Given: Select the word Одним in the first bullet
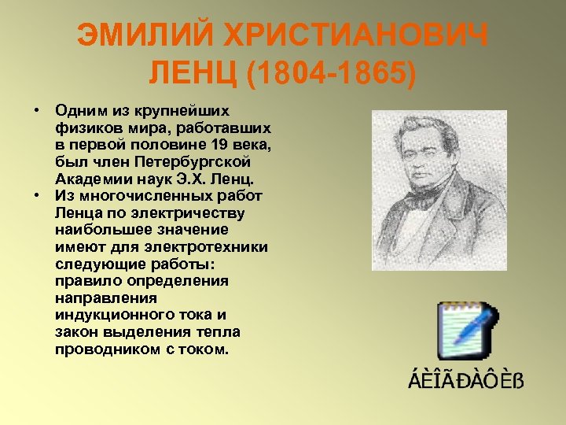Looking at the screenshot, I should pyautogui.click(x=80, y=109).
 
